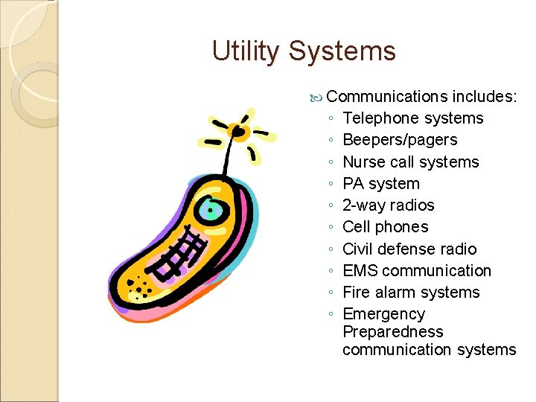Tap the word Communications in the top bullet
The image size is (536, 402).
pos(387,96)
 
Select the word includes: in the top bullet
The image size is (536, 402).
pos(485,96)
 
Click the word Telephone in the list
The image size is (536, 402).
pos(379,118)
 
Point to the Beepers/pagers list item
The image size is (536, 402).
pos(400,140)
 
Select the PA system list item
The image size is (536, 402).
pos(381,183)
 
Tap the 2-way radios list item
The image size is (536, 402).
pos(388,205)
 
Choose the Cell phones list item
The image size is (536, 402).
pos(385,227)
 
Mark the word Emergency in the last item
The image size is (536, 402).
pos(383,314)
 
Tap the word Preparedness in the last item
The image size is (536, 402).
pos(392,332)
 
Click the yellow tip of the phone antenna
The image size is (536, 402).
pos(238,133)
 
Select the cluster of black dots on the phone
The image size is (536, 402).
pos(141,286)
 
